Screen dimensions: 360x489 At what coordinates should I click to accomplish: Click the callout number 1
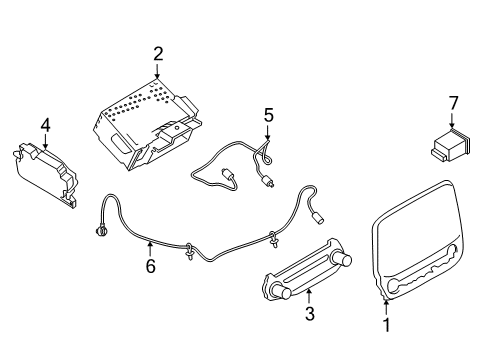(387, 324)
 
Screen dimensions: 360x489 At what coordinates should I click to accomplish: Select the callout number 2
(158, 54)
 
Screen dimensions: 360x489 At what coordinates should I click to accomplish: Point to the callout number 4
(44, 125)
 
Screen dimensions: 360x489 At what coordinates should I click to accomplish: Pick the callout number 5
(267, 116)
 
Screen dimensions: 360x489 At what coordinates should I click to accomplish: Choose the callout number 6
(150, 267)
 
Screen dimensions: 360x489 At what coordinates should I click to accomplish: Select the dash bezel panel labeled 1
(420, 250)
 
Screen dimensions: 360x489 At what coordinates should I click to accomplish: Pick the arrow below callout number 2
(158, 72)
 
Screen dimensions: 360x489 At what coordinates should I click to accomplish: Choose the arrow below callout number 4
(44, 143)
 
